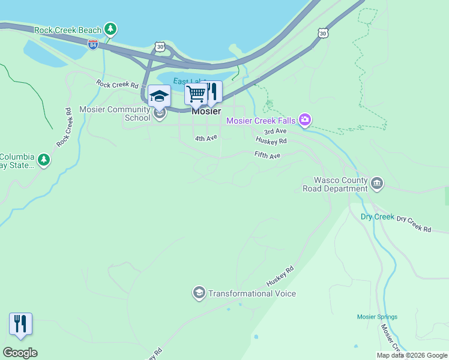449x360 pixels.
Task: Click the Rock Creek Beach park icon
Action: (x=110, y=29)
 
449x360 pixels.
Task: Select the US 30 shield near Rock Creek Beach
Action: (x=159, y=46)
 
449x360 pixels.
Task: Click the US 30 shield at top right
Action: (x=324, y=33)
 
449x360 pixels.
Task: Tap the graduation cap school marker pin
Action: (x=159, y=96)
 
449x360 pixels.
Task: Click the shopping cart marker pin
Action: (x=196, y=94)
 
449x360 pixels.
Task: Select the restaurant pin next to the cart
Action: (x=211, y=92)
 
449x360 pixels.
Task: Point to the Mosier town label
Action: (x=206, y=112)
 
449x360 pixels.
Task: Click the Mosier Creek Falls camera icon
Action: (x=305, y=121)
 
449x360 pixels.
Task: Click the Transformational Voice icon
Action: (x=199, y=293)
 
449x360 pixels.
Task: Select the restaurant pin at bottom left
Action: (x=20, y=324)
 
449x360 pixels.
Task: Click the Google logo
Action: (x=20, y=353)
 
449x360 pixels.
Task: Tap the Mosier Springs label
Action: (x=377, y=317)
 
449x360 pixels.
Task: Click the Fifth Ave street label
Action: (x=267, y=155)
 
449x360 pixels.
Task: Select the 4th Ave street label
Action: (x=205, y=139)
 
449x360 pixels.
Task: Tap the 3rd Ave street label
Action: (x=276, y=131)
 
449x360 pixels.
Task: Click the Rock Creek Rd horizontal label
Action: (x=118, y=85)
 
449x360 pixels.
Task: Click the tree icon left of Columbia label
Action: (x=43, y=160)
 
